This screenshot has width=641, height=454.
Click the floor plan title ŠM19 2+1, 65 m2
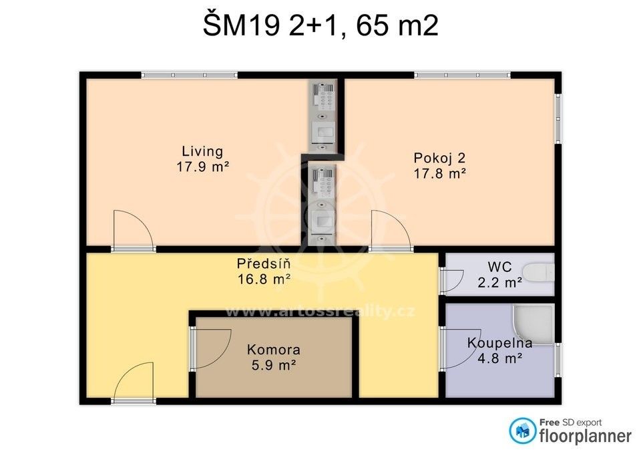pos(320,25)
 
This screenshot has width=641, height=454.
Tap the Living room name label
pos(202,151)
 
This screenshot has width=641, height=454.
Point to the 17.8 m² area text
pos(440,174)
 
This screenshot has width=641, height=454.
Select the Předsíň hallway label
pos(264,263)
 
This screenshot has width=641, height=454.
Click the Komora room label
pos(274,350)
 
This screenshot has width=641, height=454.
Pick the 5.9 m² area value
pos(274,364)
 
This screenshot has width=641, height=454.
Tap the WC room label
pos(499,267)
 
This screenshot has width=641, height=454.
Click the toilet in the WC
pos(540,273)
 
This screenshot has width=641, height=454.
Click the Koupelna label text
pos(499,343)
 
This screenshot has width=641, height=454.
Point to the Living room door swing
pos(133,229)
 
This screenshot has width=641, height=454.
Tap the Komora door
pos(210,348)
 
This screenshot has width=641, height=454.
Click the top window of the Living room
pos(189,76)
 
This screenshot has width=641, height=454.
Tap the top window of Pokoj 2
pos(462,76)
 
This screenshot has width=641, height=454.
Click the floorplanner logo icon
pos(522,431)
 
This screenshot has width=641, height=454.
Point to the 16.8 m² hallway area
pos(264,279)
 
